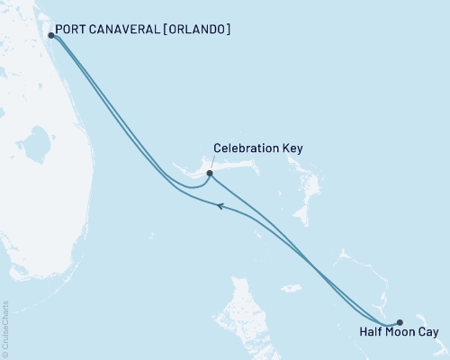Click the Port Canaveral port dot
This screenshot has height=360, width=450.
coord(50,36)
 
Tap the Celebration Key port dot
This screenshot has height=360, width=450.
coord(210,173)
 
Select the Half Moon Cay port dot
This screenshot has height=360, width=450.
coord(400,322)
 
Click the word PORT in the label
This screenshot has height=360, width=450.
coord(71,29)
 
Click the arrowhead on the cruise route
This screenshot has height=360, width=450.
coord(219,206)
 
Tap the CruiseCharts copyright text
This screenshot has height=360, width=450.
coord(6,328)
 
